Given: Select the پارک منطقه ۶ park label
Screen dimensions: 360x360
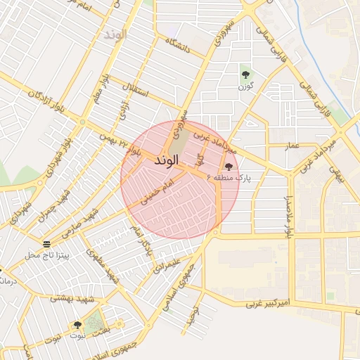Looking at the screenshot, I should click(x=229, y=179).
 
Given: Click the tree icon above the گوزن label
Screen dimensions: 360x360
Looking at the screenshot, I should click(x=245, y=74).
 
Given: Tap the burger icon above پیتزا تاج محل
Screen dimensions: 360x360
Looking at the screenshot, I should click(x=46, y=244).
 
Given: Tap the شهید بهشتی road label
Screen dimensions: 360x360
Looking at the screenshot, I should click(x=70, y=298).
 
